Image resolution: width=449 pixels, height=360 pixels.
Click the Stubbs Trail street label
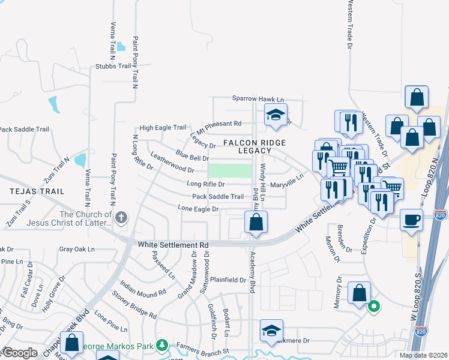[113, 66]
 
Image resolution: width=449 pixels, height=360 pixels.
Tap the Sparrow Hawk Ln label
[258, 98]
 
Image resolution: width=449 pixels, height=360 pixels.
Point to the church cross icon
[121, 217]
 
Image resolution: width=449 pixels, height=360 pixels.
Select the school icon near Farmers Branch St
[271, 330]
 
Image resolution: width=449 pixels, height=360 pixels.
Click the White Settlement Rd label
[173, 245]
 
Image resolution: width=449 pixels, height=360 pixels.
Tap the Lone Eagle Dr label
[197, 208]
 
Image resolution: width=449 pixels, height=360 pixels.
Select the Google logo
[20, 353]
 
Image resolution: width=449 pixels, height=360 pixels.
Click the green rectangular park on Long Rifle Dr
[230, 170]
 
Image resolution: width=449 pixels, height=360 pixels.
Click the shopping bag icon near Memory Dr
[359, 293]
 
